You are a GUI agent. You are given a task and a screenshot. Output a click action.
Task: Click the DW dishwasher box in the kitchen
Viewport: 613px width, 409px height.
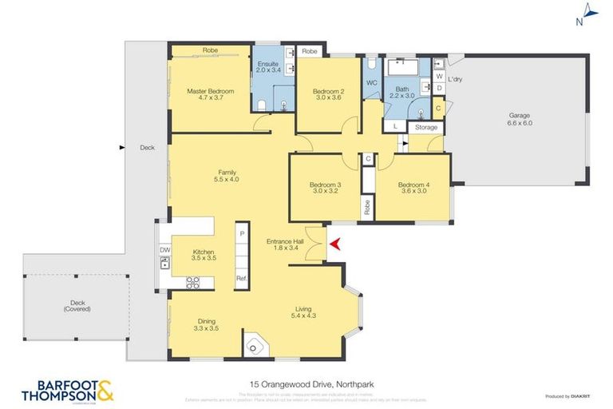[x=164, y=250]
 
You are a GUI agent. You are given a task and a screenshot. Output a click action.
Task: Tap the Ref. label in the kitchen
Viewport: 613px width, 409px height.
[x=240, y=278]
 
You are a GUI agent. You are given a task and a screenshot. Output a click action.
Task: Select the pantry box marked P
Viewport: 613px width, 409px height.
[x=240, y=233]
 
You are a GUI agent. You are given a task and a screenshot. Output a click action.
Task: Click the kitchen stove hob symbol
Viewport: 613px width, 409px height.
[x=192, y=281]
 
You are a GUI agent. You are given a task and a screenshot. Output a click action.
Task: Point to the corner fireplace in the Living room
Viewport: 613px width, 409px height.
[x=255, y=346]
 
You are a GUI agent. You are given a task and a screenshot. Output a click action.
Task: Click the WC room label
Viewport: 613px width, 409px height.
[x=371, y=82]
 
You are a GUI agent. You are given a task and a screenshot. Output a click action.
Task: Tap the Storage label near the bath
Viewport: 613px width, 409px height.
[x=426, y=127]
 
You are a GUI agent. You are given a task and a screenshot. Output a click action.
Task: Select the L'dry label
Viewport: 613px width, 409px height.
[x=455, y=79]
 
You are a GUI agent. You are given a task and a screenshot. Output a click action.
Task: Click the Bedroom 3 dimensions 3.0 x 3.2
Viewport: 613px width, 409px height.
[x=324, y=192]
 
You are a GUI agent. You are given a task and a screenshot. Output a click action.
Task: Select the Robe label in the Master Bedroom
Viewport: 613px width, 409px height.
[x=210, y=50]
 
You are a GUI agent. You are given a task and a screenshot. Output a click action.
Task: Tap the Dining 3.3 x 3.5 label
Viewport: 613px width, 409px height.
[x=205, y=325]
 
